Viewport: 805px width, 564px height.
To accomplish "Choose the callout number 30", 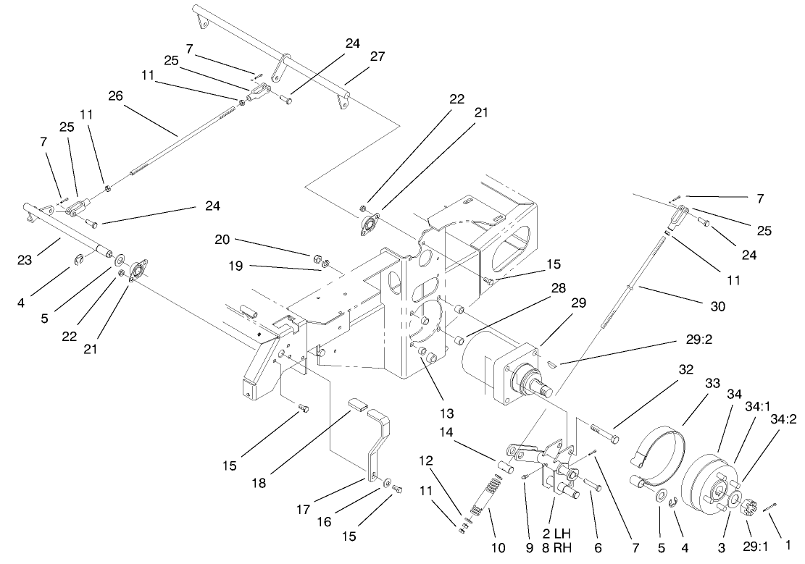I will coord(717,307).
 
